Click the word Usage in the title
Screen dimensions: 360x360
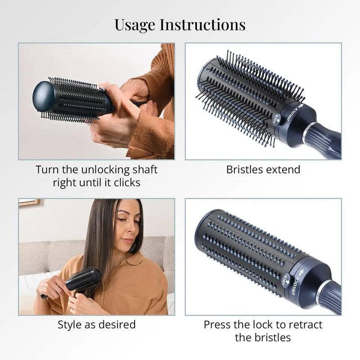[135, 25]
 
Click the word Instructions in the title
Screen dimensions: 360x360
[202, 24]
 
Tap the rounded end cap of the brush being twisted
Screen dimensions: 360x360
[43, 96]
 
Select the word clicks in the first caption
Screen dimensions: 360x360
[127, 183]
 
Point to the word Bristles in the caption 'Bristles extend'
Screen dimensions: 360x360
[244, 170]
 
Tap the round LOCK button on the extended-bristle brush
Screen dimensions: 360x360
[276, 119]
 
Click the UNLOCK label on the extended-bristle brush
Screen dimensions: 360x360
[292, 114]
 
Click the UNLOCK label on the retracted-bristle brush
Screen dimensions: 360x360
[296, 286]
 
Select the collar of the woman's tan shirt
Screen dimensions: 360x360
[129, 260]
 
